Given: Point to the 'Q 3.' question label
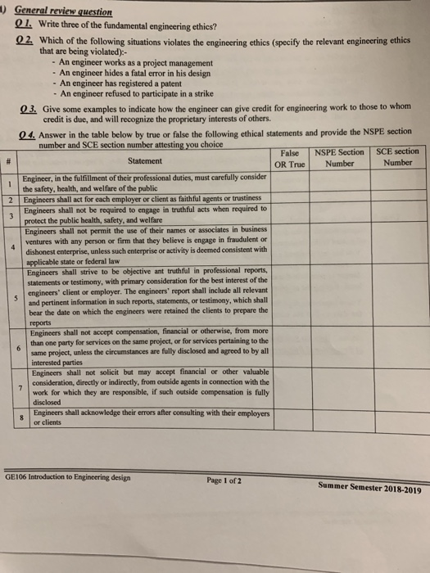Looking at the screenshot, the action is pos(28,107).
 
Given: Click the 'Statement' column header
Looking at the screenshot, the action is pos(144,160).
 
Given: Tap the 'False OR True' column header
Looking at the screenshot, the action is pos(290,159).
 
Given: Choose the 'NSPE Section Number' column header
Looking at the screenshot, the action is pos(339,159).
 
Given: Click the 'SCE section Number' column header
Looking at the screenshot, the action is pos(397,157).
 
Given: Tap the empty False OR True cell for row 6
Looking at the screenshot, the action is pos(290,347).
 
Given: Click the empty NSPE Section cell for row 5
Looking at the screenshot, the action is pos(339,299).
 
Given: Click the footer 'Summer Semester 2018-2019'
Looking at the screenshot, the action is pos(369,489).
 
